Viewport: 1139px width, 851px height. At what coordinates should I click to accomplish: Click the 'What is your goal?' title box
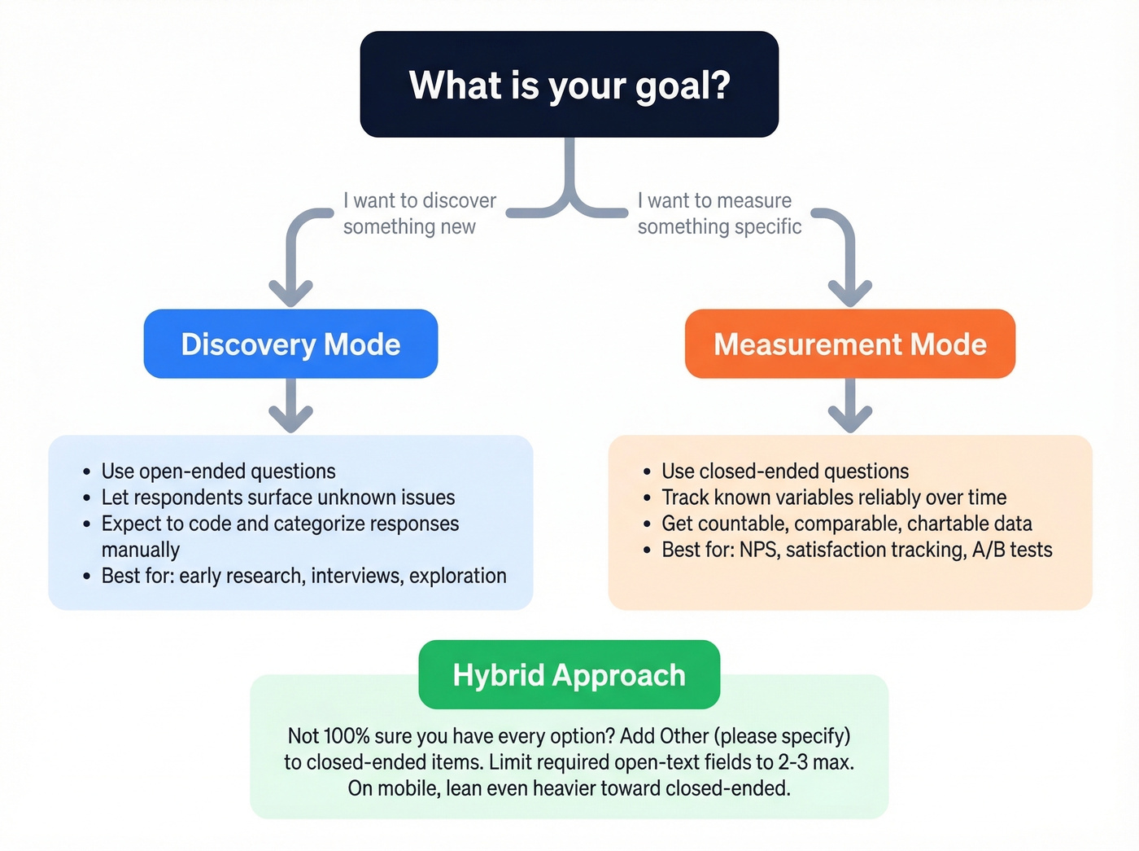click(569, 85)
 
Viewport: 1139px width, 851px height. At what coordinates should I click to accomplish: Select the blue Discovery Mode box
click(290, 344)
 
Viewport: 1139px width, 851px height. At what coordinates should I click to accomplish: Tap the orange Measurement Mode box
click(850, 344)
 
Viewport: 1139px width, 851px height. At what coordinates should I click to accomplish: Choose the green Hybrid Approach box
click(569, 674)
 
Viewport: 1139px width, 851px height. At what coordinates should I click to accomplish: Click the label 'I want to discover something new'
click(418, 213)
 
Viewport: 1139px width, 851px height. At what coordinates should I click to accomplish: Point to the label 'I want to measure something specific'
click(719, 213)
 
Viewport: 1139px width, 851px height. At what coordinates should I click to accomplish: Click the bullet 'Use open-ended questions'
click(218, 472)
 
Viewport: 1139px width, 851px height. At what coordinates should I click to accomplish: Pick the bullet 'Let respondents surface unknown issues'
click(277, 498)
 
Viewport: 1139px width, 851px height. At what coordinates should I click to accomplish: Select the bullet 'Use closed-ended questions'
click(784, 472)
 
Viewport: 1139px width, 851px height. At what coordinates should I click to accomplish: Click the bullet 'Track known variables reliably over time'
click(834, 498)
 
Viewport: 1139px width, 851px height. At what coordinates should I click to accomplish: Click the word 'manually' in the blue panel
click(140, 550)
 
